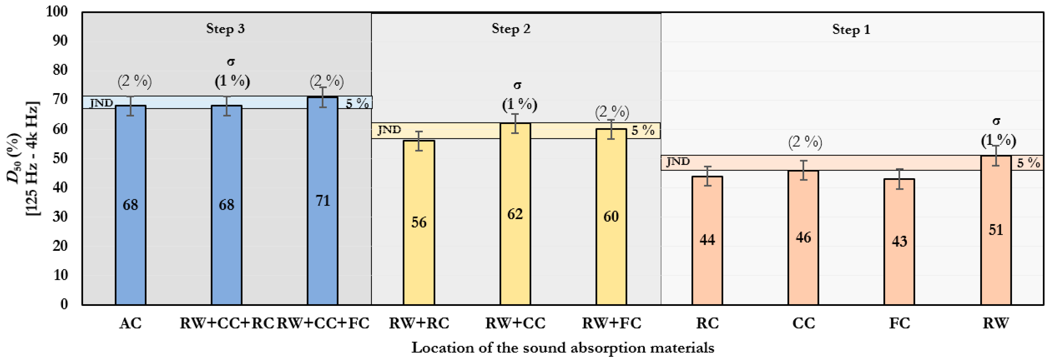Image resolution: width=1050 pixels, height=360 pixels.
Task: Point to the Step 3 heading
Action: [x=225, y=29]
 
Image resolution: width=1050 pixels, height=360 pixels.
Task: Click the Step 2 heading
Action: [x=511, y=29]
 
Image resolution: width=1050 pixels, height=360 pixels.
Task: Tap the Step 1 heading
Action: [x=851, y=30]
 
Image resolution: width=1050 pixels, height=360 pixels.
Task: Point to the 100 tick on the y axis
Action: [x=57, y=12]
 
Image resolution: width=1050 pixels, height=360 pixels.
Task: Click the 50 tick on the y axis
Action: [x=60, y=158]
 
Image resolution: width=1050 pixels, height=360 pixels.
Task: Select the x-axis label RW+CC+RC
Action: [x=227, y=323]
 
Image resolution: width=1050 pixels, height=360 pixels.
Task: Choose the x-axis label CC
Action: [x=804, y=323]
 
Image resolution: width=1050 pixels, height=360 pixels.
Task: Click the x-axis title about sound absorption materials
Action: [x=563, y=348]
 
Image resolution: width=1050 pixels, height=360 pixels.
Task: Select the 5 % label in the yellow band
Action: [x=643, y=130]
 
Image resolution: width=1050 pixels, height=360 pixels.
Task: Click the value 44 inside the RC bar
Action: [x=707, y=240]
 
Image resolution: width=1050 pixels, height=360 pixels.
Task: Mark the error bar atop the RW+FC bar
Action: [x=611, y=129]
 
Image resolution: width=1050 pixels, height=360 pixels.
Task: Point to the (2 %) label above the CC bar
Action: [x=805, y=142]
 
